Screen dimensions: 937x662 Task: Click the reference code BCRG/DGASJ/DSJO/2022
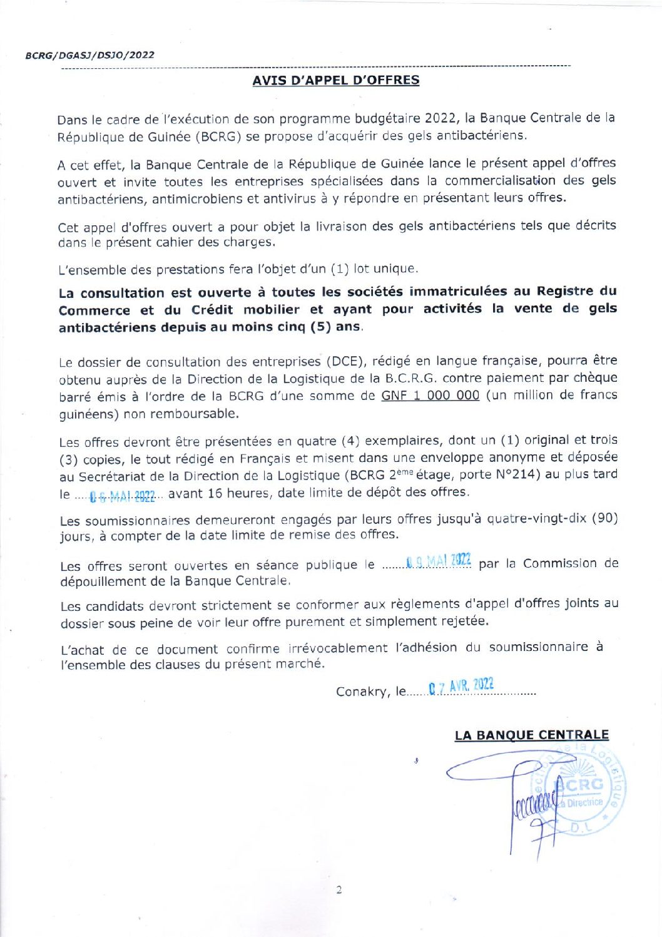click(89, 55)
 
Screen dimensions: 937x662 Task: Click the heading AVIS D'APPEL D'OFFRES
click(335, 80)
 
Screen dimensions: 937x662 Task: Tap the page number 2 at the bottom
click(339, 890)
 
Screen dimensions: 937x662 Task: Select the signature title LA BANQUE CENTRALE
click(531, 735)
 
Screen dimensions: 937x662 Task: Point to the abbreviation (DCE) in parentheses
click(339, 361)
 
